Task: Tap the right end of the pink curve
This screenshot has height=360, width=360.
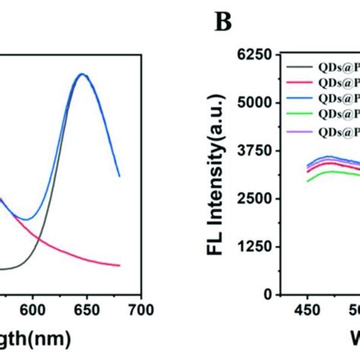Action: click(x=119, y=265)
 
